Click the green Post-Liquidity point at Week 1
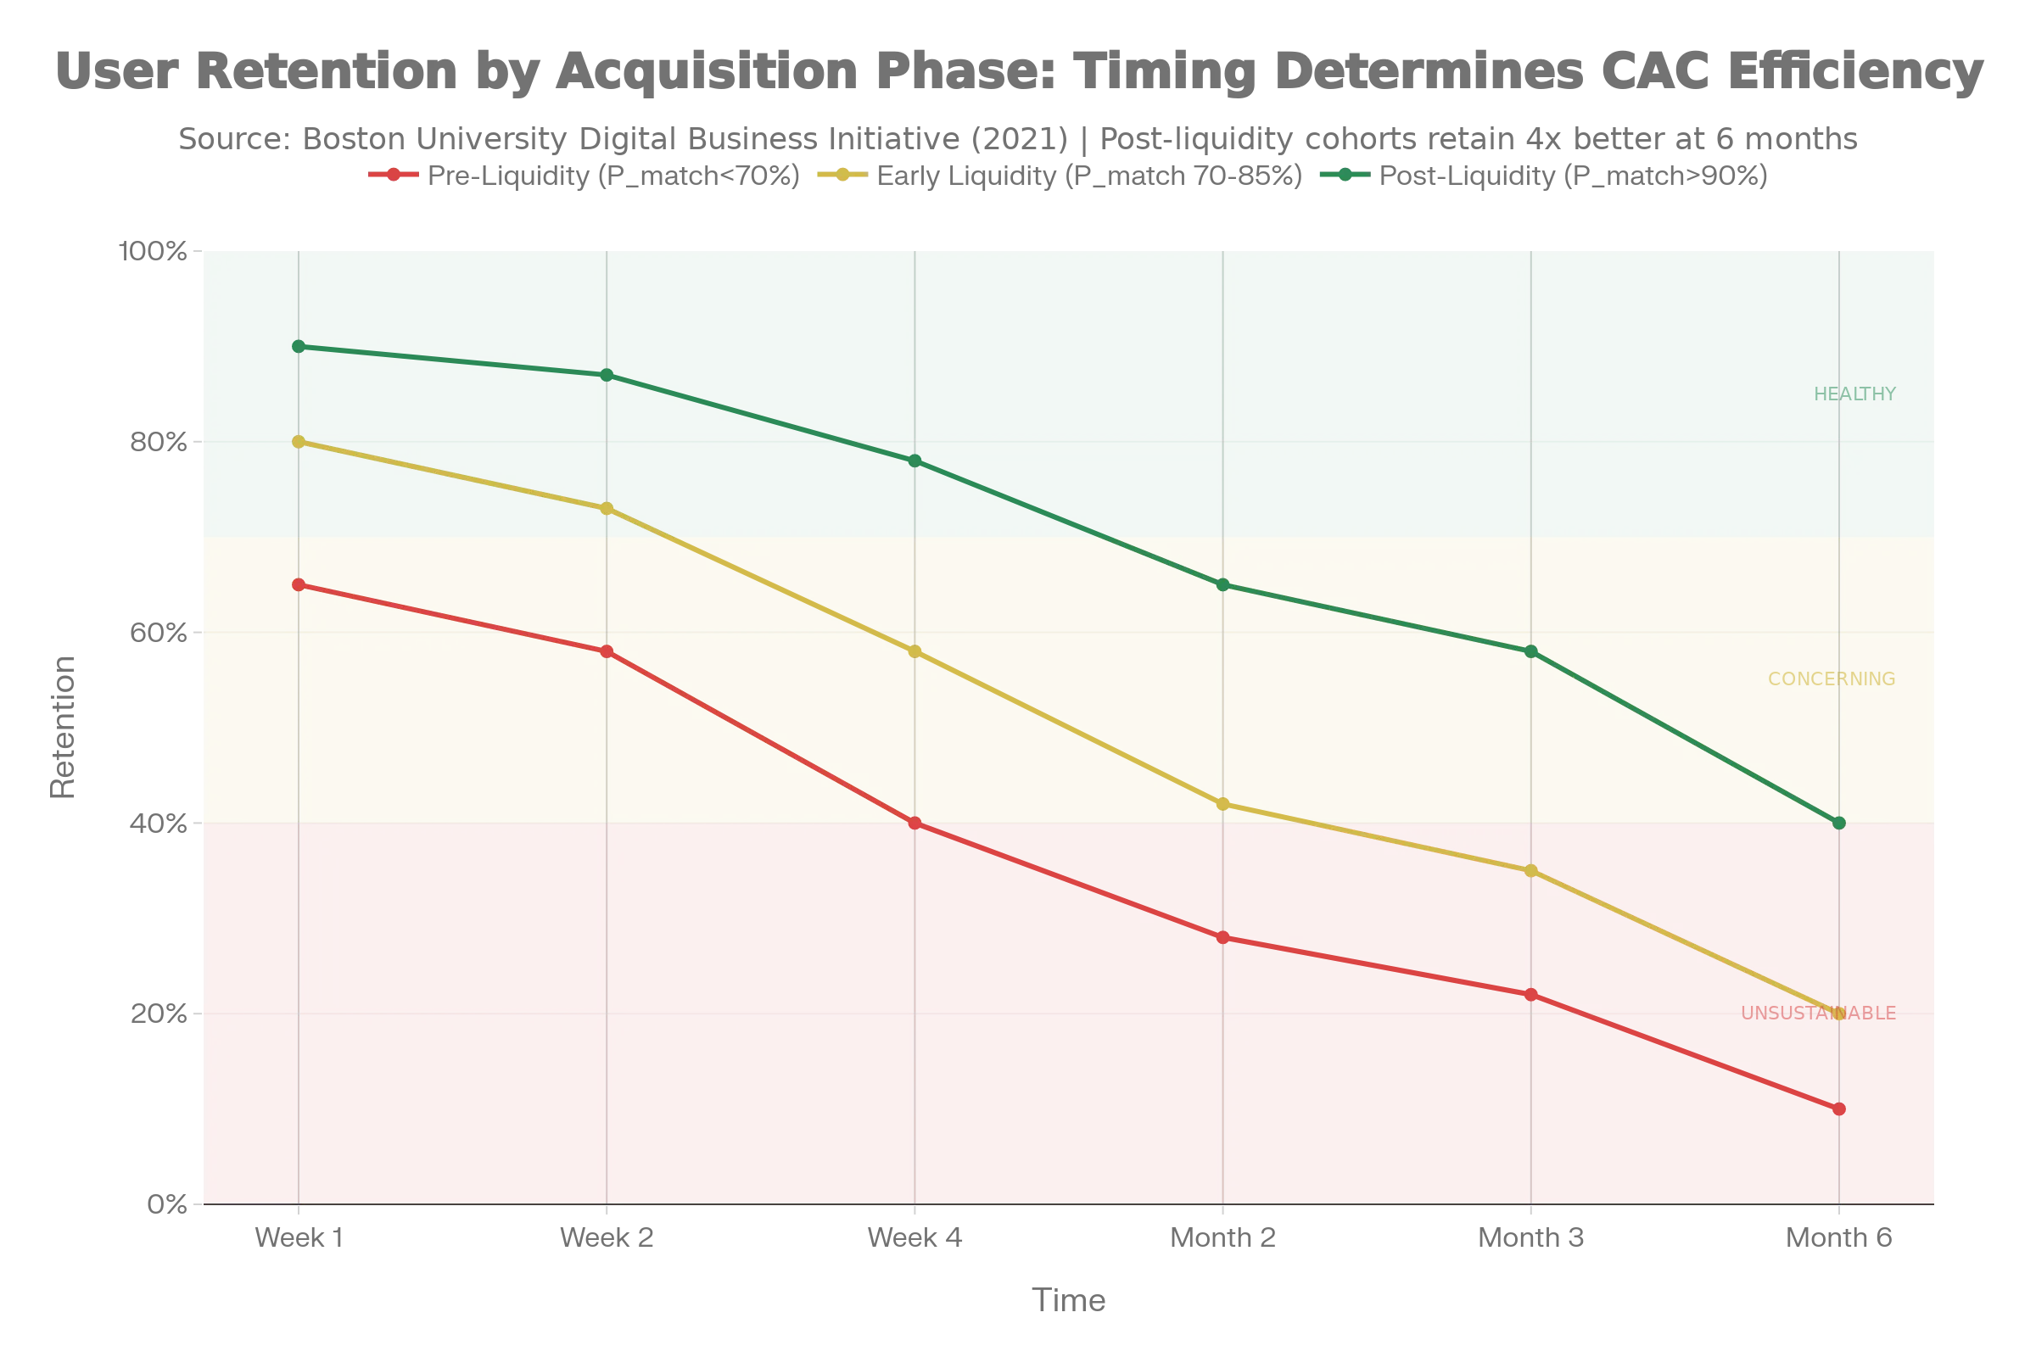299,346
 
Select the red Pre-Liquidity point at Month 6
1838,1108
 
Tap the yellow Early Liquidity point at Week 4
915,651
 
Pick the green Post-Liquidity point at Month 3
1531,651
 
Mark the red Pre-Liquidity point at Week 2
607,651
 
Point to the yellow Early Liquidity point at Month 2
1223,804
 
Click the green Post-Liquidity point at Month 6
1838,823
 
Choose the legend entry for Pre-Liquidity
585,176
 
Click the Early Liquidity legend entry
1060,176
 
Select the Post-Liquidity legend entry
1544,176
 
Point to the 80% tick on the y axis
159,442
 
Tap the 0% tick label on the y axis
167,1204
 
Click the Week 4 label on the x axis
915,1238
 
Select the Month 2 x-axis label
1223,1238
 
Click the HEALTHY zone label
1855,394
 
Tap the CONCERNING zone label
1832,679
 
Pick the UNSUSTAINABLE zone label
1819,1014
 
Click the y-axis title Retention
63,727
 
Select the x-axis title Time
1068,1301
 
